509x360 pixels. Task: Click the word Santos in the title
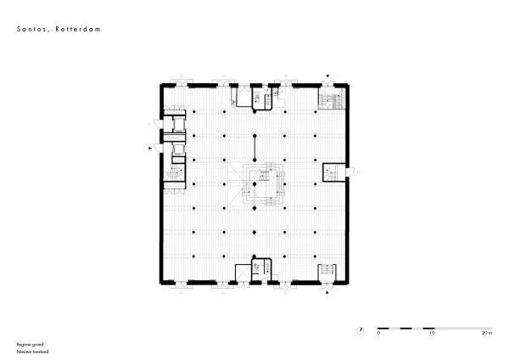(31, 29)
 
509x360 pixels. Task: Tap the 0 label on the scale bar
(379, 333)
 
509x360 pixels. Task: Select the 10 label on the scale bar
(433, 333)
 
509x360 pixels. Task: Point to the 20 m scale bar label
(485, 333)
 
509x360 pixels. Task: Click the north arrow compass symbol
(361, 327)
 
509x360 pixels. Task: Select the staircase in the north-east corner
(331, 101)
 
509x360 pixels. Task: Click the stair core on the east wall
(332, 173)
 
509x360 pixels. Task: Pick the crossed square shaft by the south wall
(242, 275)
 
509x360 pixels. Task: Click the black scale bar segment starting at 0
(406, 327)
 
